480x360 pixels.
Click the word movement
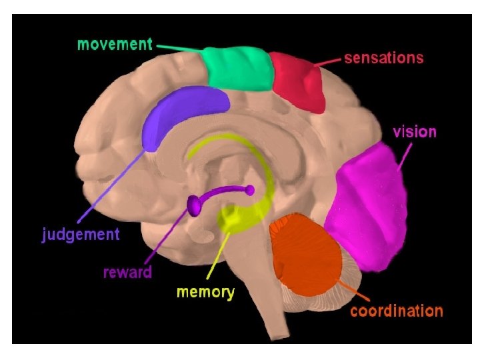point(115,44)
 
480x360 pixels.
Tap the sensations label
point(383,58)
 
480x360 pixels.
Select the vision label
point(414,131)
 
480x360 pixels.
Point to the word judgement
point(81,235)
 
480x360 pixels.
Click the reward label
point(127,272)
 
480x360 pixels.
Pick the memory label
point(205,292)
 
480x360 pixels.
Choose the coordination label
point(396,311)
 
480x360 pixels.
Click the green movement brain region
point(238,68)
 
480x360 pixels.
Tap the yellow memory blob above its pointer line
point(234,217)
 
